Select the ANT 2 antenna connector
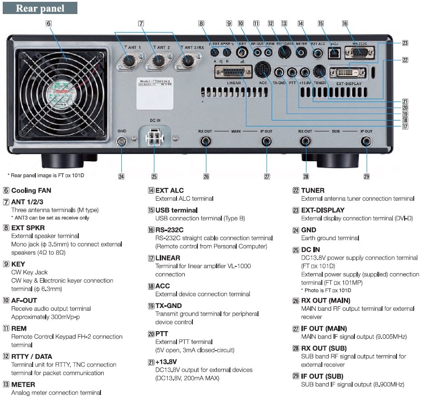click(x=158, y=60)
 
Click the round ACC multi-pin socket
click(x=262, y=70)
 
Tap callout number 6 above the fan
click(x=48, y=23)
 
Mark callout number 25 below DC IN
click(x=154, y=177)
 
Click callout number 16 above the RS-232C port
click(x=345, y=23)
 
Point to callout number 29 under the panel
click(x=367, y=177)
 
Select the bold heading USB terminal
click(x=177, y=210)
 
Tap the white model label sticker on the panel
click(x=156, y=93)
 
